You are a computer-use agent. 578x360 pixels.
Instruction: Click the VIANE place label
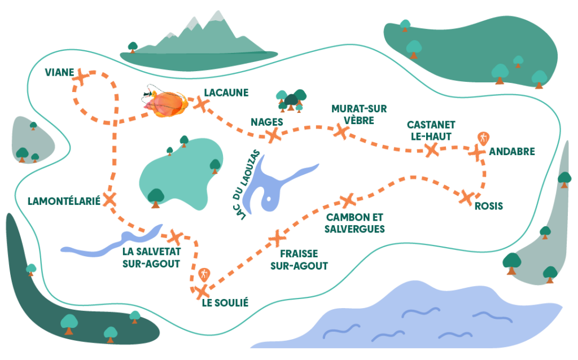59,72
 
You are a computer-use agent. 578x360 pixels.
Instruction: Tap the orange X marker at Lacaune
202,104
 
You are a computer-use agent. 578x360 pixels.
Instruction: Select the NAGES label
267,122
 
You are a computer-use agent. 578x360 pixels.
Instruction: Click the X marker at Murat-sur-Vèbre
341,131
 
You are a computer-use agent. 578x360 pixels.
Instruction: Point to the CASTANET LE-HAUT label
431,130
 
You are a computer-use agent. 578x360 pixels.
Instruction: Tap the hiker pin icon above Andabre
483,139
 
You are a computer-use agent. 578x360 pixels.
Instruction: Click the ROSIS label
489,206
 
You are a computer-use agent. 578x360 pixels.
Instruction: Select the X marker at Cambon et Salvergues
348,201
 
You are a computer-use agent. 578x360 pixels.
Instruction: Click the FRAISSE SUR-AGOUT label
299,260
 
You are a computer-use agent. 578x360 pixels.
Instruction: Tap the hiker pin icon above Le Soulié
204,275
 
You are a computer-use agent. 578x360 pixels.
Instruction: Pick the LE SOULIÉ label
225,302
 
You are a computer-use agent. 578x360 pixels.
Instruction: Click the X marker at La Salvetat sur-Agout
175,237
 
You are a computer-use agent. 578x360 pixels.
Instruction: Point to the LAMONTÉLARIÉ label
64,201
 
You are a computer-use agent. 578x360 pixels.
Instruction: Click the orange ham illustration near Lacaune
165,102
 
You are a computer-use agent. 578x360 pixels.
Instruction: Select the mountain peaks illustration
199,41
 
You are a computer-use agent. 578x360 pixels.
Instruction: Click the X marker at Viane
81,77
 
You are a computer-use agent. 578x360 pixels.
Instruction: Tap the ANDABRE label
511,151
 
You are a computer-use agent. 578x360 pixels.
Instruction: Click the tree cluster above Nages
291,100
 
